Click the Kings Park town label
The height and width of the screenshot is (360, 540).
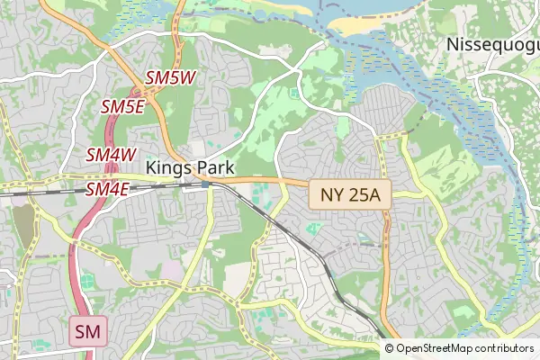pyautogui.click(x=189, y=167)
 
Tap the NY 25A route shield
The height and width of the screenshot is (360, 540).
pyautogui.click(x=350, y=193)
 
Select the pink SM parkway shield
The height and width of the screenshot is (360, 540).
pyautogui.click(x=88, y=332)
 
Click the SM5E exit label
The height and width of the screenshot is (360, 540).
pyautogui.click(x=123, y=107)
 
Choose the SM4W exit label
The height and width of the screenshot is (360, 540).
pyautogui.click(x=111, y=155)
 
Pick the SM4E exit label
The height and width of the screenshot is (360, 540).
pyautogui.click(x=108, y=189)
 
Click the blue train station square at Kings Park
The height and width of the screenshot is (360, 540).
pyautogui.click(x=205, y=184)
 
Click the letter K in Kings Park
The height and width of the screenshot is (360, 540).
pyautogui.click(x=150, y=167)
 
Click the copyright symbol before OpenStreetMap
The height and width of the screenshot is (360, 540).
pyautogui.click(x=389, y=348)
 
